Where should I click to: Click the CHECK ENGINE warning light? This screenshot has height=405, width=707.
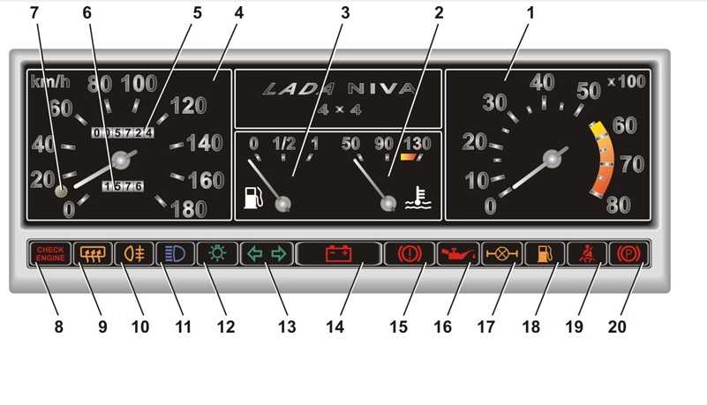(50, 253)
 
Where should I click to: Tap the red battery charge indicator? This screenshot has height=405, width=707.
(339, 253)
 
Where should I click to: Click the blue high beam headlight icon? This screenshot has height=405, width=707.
(175, 253)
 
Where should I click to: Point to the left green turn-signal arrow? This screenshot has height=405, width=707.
(255, 253)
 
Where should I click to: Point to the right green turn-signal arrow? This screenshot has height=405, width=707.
(279, 253)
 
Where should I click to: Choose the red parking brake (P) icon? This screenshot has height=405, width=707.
(628, 254)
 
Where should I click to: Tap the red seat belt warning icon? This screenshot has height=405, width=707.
(586, 253)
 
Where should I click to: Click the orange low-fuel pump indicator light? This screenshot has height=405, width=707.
(545, 253)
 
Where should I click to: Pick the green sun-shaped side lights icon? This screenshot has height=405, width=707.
(217, 253)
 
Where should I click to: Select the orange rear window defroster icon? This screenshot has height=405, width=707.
(93, 253)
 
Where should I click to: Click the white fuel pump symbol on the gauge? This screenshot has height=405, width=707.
(253, 198)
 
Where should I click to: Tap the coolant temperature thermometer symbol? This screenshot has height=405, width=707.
(418, 199)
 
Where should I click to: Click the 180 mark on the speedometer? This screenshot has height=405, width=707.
(189, 209)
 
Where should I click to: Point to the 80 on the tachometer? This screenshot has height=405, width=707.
(618, 205)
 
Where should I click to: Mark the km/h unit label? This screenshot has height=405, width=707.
(50, 81)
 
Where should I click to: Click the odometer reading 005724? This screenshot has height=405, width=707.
(123, 132)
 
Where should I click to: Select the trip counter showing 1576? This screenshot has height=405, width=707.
(123, 185)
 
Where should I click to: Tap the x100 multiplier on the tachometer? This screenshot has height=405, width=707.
(627, 81)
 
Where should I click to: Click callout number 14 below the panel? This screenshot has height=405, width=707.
(335, 326)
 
